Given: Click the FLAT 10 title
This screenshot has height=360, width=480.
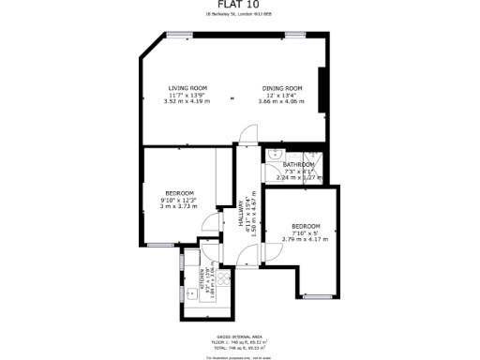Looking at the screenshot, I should [240, 6].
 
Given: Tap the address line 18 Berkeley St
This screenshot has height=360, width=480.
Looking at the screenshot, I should [240, 15].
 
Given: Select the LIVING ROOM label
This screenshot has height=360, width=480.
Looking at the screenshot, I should [187, 88].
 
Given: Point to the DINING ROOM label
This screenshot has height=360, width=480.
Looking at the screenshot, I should [282, 88].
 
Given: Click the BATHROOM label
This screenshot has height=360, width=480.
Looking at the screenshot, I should [299, 165].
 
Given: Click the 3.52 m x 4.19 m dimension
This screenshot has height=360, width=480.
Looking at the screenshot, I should [187, 100].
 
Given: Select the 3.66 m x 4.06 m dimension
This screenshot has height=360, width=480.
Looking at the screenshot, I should [282, 100].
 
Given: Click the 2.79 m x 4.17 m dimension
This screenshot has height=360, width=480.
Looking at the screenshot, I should [307, 238].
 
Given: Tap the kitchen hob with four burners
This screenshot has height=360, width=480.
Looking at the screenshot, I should [223, 277].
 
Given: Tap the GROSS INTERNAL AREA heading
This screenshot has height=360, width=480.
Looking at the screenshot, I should [240, 333].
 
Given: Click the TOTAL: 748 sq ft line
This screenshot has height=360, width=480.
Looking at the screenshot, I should [240, 348].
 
